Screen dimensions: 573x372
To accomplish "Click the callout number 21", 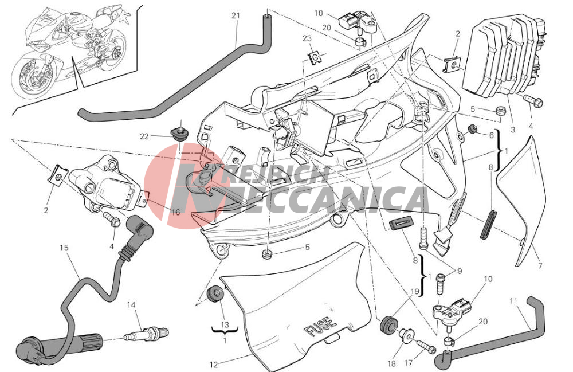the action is click(236, 15).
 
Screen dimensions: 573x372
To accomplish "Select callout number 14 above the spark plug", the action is click(131, 305).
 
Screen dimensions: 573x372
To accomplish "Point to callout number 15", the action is click(64, 248).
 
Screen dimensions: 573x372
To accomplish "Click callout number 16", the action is click(176, 212).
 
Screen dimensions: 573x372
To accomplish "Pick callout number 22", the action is click(144, 136).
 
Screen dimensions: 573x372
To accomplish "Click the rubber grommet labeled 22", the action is click(179, 134).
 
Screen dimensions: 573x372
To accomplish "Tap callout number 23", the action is click(307, 38).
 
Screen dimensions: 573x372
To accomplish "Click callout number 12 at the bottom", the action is click(214, 365).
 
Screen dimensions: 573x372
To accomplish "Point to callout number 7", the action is click(540, 265).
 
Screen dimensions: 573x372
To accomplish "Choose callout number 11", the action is click(513, 301).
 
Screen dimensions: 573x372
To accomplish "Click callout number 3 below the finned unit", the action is click(513, 130).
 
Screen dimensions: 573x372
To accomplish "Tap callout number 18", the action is click(391, 363).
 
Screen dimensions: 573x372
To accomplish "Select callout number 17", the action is click(408, 363).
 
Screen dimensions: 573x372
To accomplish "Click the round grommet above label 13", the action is click(215, 295).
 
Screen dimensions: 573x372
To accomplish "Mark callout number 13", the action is click(225, 324).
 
